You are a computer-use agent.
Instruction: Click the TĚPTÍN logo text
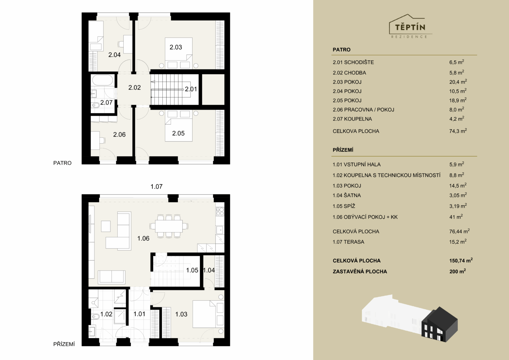[x=410, y=27]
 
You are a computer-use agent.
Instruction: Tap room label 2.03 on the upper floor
[x=176, y=47]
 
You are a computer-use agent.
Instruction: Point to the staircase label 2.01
[x=191, y=89]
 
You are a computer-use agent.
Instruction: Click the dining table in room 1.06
[x=169, y=226]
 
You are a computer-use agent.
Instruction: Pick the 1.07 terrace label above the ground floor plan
[x=156, y=187]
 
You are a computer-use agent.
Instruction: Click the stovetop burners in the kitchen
[x=220, y=211]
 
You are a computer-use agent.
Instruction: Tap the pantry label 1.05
[x=192, y=270]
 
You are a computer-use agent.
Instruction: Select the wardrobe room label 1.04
[x=208, y=270]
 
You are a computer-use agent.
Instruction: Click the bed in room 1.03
[x=204, y=314]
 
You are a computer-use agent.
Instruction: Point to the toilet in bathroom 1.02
[x=96, y=316]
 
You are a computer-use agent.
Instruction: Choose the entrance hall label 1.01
[x=139, y=314]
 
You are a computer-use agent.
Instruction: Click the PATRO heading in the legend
[x=342, y=49]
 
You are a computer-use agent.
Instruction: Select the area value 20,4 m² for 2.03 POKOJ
[x=458, y=82]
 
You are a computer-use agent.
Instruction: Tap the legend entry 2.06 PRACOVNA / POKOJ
[x=363, y=110]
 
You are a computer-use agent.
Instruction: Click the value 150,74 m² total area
[x=461, y=261]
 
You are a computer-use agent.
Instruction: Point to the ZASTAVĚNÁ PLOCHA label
[x=360, y=271]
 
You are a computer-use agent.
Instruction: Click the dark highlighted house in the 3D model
[x=439, y=325]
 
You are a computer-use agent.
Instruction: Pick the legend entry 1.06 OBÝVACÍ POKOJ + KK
[x=365, y=217]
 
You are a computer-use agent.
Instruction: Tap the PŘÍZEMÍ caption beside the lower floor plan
[x=64, y=344]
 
